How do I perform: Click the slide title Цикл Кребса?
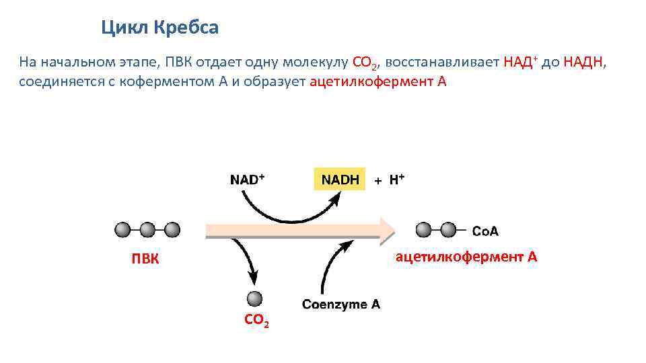(160, 28)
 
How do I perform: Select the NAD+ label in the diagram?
(247, 179)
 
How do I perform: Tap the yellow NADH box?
(340, 179)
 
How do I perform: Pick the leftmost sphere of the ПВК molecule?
(122, 230)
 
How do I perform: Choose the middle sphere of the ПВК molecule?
(147, 230)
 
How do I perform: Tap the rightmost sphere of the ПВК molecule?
(172, 230)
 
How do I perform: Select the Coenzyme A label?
(341, 304)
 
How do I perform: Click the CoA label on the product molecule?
(485, 232)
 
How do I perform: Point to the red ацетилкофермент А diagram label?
(466, 256)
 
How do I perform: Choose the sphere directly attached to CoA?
(448, 230)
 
